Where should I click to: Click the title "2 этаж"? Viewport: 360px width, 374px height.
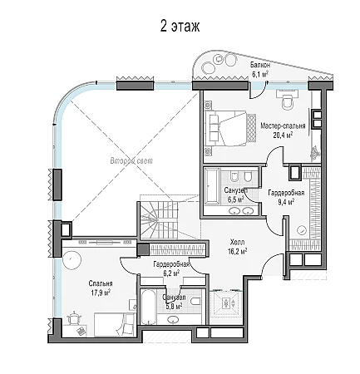tap(180, 27)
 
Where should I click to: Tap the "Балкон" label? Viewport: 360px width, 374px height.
tap(260, 66)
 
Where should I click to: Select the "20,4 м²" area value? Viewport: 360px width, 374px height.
tap(283, 135)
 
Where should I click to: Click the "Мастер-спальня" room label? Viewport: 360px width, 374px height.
tap(283, 125)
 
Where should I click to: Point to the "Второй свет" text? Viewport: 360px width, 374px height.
tap(131, 160)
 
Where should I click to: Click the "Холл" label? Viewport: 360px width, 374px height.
tap(237, 243)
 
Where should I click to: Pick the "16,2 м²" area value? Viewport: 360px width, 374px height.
tap(237, 252)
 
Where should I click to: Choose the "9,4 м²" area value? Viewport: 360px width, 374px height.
tap(286, 202)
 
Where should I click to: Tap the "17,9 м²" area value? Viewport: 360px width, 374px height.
tap(100, 293)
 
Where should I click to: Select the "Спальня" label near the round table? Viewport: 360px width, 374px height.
tap(101, 283)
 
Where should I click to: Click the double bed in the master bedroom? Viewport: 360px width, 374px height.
tap(230, 128)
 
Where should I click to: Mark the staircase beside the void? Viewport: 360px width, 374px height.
tap(158, 219)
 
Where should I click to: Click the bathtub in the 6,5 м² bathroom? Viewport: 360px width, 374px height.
tap(213, 186)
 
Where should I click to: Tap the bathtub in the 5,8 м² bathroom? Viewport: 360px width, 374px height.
tap(148, 307)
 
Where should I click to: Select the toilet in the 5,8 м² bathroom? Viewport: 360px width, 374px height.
tap(195, 301)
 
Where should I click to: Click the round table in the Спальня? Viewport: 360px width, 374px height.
tap(72, 259)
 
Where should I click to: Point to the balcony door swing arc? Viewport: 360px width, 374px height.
tap(256, 93)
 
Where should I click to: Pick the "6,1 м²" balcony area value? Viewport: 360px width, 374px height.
tap(259, 74)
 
